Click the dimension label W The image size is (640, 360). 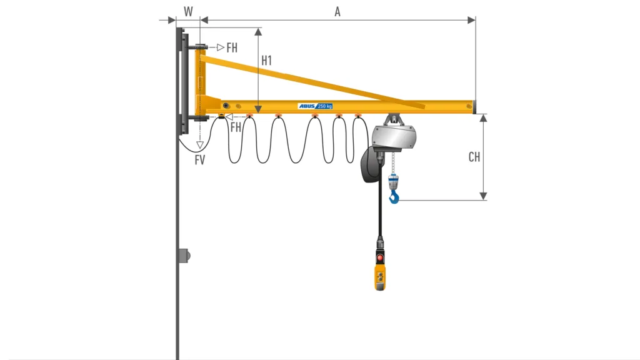point(188,11)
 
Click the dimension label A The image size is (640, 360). point(337,12)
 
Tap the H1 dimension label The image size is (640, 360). point(266,61)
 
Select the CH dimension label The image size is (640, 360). point(474,157)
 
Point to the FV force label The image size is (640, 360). point(199,160)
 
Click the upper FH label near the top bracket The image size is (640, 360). point(232,47)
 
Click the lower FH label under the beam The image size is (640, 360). point(236,127)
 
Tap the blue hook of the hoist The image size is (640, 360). point(394,197)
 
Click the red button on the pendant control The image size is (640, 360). point(380,258)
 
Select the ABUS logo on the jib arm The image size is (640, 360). point(307,106)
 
